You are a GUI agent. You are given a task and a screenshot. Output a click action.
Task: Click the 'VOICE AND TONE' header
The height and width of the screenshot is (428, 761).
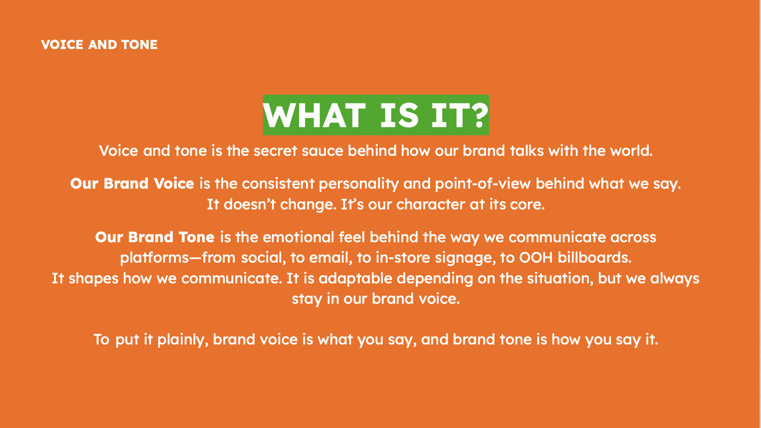(x=99, y=45)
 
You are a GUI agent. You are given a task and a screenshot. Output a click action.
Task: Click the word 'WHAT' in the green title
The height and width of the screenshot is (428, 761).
(x=314, y=116)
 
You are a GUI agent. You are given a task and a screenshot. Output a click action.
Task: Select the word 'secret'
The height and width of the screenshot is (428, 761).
(x=275, y=151)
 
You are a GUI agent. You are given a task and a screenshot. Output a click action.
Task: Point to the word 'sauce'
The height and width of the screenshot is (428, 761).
(x=322, y=151)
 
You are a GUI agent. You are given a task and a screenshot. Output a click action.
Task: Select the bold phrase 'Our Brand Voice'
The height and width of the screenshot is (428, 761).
(x=132, y=184)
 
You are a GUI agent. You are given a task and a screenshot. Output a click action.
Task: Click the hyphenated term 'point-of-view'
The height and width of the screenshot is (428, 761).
(x=483, y=184)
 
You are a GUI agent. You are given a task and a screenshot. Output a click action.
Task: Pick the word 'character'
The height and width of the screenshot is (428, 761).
(x=430, y=204)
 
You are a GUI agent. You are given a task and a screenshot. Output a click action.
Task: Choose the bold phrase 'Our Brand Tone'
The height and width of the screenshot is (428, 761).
(x=155, y=237)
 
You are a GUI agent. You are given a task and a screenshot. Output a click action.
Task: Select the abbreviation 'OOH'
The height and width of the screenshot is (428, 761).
(x=536, y=258)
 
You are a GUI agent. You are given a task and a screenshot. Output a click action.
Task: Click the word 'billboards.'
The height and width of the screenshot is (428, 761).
(x=595, y=258)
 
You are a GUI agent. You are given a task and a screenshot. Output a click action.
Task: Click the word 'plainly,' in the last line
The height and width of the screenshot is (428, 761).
(x=183, y=340)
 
